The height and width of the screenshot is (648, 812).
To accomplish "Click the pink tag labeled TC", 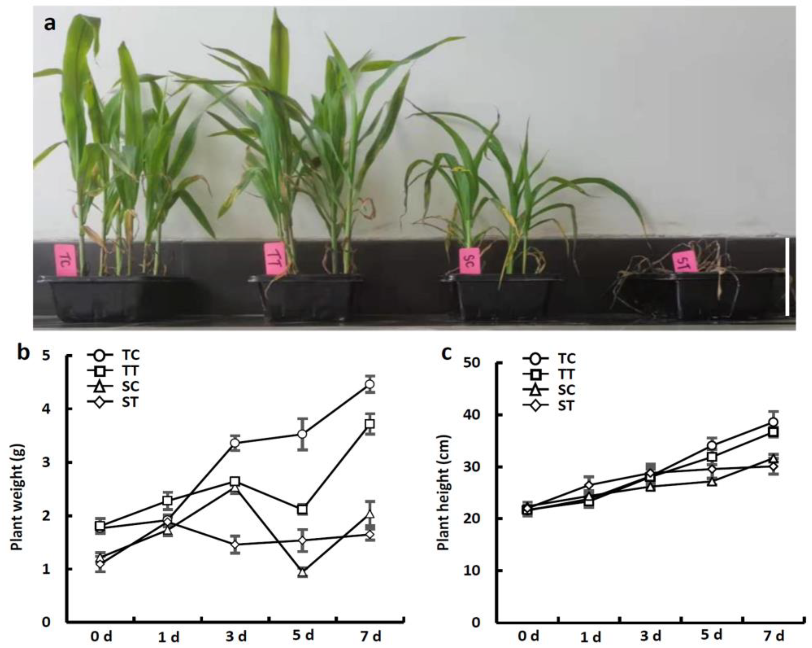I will coord(66,260).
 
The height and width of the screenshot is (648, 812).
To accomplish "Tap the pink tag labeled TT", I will coord(275,258).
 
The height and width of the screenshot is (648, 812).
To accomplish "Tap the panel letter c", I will coord(447,354).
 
